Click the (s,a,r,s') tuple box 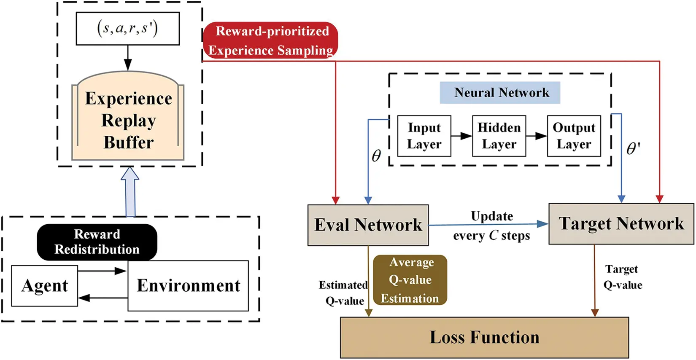pyautogui.click(x=127, y=29)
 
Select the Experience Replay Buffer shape pyautogui.click(x=128, y=120)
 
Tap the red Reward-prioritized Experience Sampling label pyautogui.click(x=270, y=40)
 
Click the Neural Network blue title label pyautogui.click(x=500, y=93)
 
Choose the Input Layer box pyautogui.click(x=424, y=136)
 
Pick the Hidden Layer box pyautogui.click(x=499, y=136)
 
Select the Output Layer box pyautogui.click(x=574, y=136)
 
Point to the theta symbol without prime pyautogui.click(x=376, y=156)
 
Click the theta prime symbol pyautogui.click(x=633, y=148)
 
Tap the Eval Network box pyautogui.click(x=368, y=225)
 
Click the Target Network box pyautogui.click(x=621, y=224)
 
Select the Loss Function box pyautogui.click(x=484, y=338)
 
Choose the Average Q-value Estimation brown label pyautogui.click(x=410, y=280)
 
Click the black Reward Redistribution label pyautogui.click(x=97, y=242)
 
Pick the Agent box pyautogui.click(x=44, y=286)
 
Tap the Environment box pyautogui.click(x=188, y=286)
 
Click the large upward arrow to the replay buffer pyautogui.click(x=130, y=192)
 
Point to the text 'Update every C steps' pyautogui.click(x=491, y=226)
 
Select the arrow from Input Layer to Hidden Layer pyautogui.click(x=461, y=136)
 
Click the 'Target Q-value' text pyautogui.click(x=622, y=277)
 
